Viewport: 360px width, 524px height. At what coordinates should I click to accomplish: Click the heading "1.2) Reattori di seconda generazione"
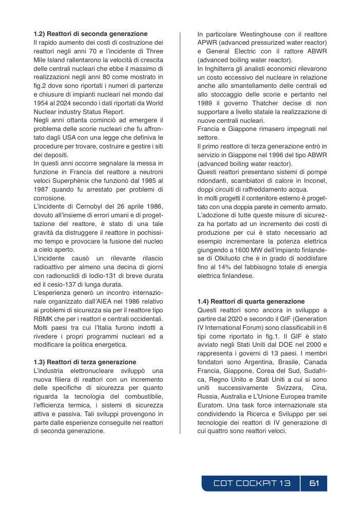pos(90,34)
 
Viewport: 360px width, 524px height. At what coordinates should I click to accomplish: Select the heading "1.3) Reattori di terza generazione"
pos(85,362)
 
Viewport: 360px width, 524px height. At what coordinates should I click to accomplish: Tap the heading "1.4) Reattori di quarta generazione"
pos(251,302)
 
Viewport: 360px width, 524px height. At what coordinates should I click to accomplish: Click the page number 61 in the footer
pos(314,483)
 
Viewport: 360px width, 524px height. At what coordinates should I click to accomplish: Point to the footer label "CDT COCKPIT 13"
pos(252,483)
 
